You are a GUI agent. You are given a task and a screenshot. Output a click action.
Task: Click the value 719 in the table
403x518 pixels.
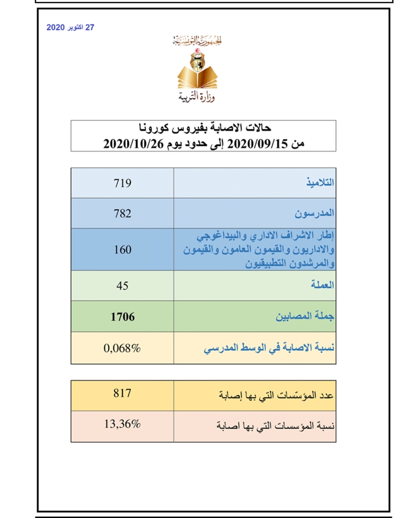click(122, 183)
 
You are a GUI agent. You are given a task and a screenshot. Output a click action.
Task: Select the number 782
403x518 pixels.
click(122, 213)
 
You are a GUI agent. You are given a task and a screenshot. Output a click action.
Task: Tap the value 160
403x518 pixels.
click(122, 249)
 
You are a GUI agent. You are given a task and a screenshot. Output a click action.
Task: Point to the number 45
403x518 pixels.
click(122, 286)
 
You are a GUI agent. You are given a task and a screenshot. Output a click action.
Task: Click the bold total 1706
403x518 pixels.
click(122, 317)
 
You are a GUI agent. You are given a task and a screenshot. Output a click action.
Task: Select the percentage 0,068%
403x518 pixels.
click(122, 348)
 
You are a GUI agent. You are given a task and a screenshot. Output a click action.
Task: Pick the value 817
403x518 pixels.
click(122, 393)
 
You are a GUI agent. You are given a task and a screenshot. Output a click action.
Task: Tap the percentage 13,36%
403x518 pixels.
click(122, 424)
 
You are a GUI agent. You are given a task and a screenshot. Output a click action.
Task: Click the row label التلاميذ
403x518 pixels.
click(320, 183)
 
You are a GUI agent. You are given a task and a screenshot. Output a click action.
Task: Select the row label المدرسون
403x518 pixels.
click(314, 213)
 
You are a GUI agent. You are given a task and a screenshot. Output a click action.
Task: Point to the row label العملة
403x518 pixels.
click(322, 285)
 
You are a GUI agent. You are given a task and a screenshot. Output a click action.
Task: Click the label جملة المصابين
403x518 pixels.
click(304, 317)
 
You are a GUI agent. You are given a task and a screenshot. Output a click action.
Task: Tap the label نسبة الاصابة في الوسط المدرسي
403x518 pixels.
click(269, 348)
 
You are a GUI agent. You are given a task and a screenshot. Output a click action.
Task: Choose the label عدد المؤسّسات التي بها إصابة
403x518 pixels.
click(276, 395)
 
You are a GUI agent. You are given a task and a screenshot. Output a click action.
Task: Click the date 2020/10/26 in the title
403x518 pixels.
click(133, 144)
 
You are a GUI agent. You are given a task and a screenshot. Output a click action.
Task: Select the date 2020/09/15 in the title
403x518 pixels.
click(257, 144)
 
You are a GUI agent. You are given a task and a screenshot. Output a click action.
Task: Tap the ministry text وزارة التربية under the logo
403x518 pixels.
click(197, 97)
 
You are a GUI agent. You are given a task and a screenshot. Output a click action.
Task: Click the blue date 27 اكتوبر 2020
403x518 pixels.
click(70, 28)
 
